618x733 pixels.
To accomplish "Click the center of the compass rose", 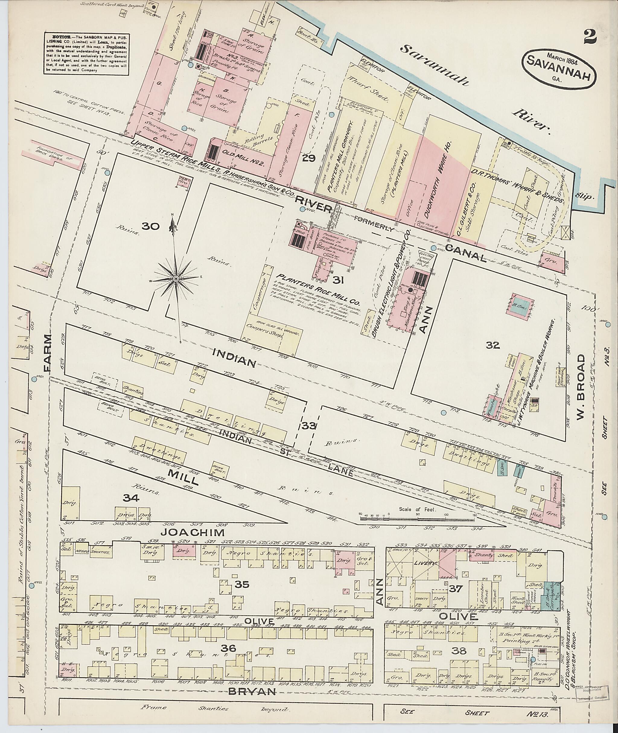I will [x=175, y=278].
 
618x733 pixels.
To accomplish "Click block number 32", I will [x=492, y=345].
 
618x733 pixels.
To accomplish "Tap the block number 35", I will [x=242, y=584].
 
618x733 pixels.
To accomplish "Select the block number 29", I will [x=309, y=159].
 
